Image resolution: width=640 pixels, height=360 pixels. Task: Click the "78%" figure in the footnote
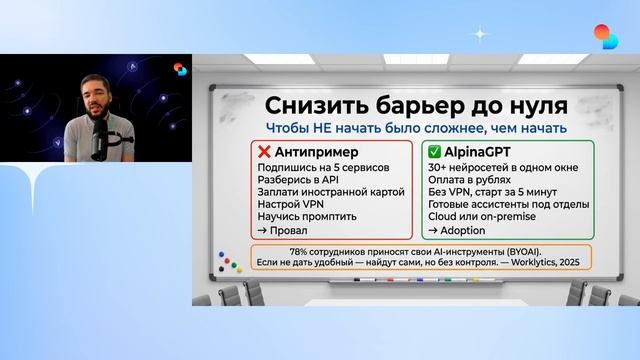(x=300, y=250)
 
